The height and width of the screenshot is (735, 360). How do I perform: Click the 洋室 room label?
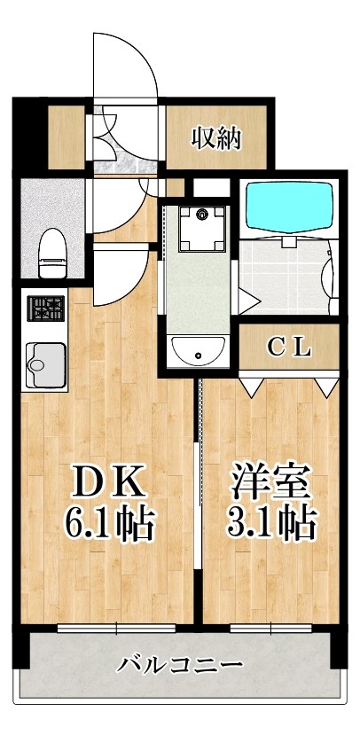tap(271, 484)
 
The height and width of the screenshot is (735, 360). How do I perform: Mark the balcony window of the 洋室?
tap(270, 628)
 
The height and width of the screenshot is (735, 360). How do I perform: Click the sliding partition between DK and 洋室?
tap(199, 497)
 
